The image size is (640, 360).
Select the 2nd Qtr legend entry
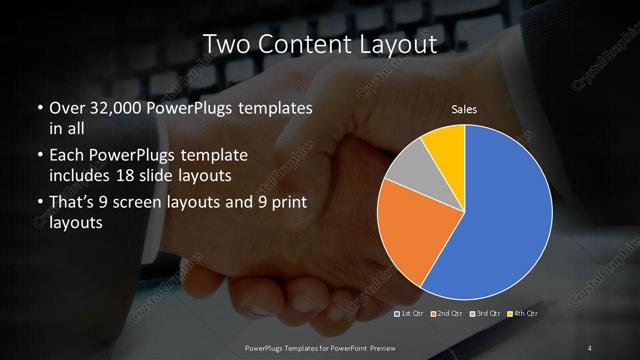(449, 314)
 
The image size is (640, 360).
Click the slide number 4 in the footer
(590, 347)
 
